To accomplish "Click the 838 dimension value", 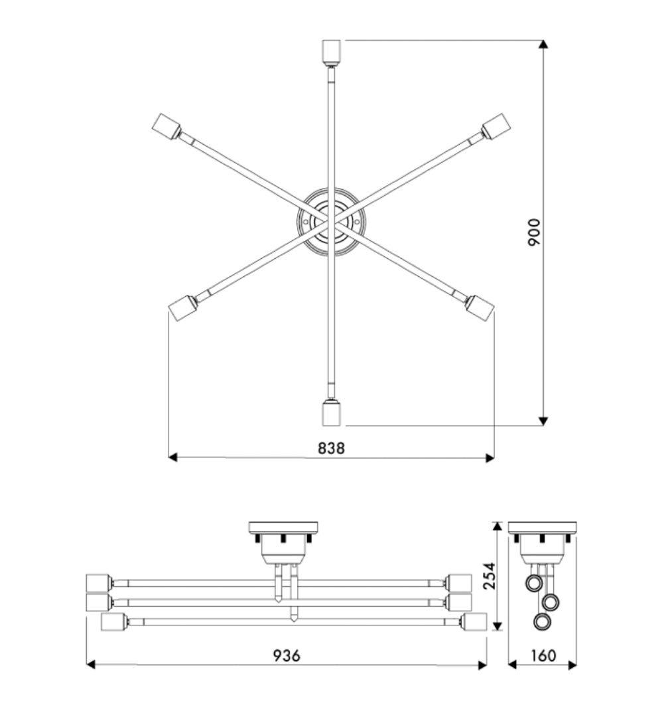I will tap(331, 448).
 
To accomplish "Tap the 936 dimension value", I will tap(287, 655).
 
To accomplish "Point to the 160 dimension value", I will tap(543, 655).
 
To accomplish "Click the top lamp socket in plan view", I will tap(331, 51).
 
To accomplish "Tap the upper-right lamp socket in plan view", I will tap(496, 125).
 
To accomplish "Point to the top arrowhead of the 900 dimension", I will tap(543, 44).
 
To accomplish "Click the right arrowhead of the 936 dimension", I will tap(482, 665).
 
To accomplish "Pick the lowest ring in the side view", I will tap(543, 622).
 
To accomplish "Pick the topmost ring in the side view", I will tap(534, 584).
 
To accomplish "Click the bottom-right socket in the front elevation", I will tap(476, 622).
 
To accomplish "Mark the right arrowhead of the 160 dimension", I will tap(572, 665).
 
